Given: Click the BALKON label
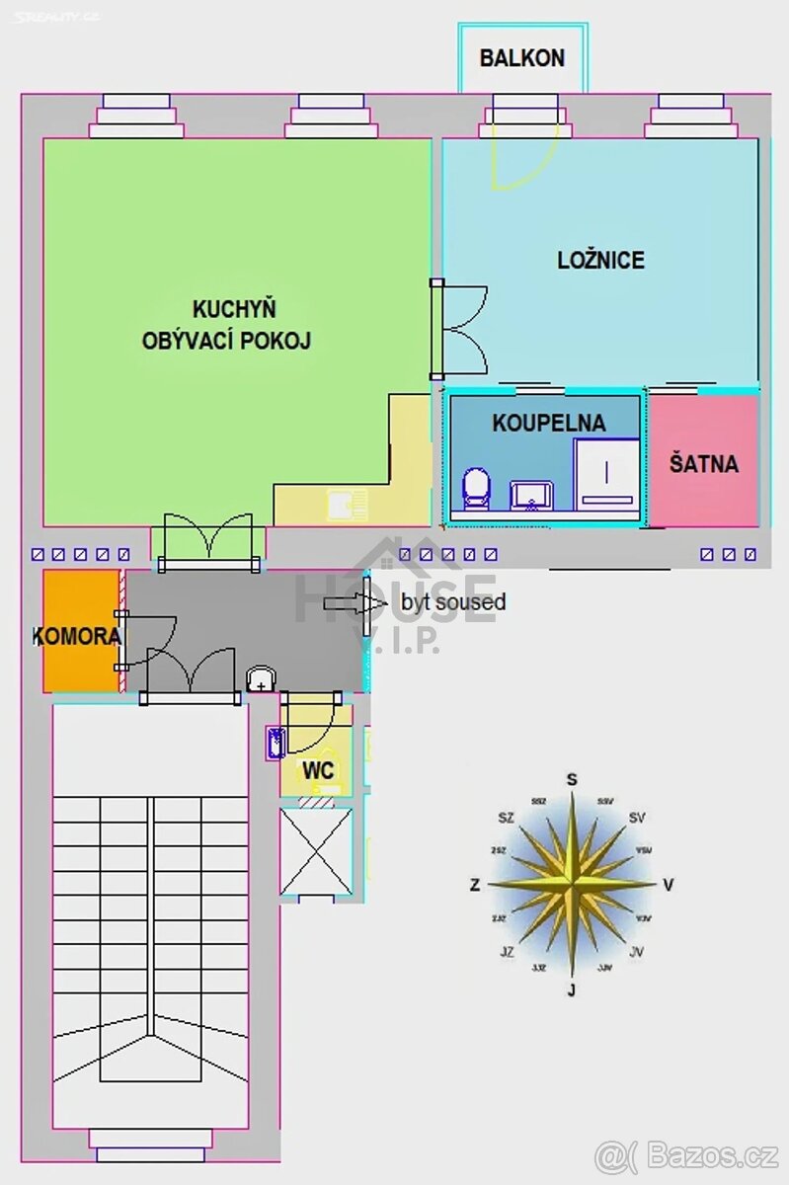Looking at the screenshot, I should pyautogui.click(x=522, y=58).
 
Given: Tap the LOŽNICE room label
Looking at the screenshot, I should pyautogui.click(x=600, y=261).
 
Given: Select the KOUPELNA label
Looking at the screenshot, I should pyautogui.click(x=549, y=424).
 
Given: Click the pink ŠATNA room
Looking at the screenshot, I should pyautogui.click(x=704, y=462).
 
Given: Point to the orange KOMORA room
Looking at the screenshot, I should pyautogui.click(x=79, y=636).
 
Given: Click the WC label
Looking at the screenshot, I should pyautogui.click(x=318, y=770).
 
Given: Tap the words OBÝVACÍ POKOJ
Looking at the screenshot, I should pyautogui.click(x=226, y=342).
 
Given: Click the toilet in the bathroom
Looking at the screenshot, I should pyautogui.click(x=477, y=488).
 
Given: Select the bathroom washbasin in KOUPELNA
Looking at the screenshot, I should pyautogui.click(x=532, y=495).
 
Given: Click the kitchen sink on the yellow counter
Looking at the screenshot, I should pyautogui.click(x=346, y=505).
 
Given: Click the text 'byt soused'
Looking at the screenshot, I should pyautogui.click(x=453, y=601).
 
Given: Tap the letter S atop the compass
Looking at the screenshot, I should pyautogui.click(x=572, y=780).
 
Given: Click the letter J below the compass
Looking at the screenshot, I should pyautogui.click(x=571, y=990).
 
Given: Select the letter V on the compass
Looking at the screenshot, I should pyautogui.click(x=669, y=885).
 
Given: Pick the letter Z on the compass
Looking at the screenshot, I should pyautogui.click(x=475, y=886).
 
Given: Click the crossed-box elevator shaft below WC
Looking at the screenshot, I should pyautogui.click(x=316, y=851).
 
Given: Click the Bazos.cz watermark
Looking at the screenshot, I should pyautogui.click(x=686, y=1152).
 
